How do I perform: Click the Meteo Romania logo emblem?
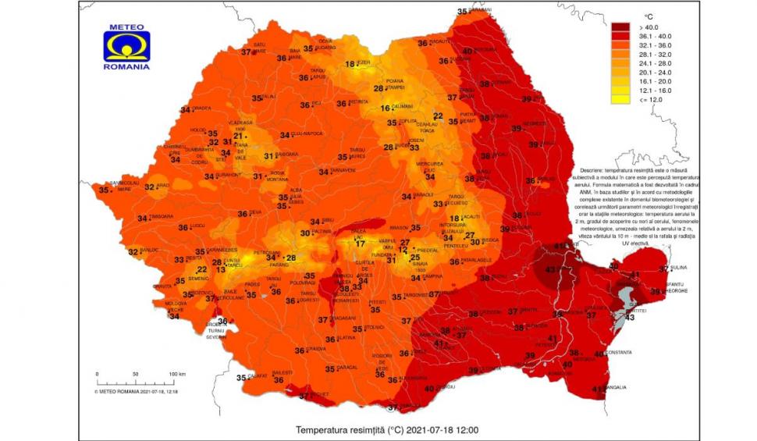tap(126, 46)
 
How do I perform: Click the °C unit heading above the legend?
tap(648, 16)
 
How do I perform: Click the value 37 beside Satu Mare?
tap(246, 52)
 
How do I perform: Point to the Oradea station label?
tap(201, 108)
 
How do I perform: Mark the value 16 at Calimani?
tap(386, 108)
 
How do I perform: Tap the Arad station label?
tap(162, 186)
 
